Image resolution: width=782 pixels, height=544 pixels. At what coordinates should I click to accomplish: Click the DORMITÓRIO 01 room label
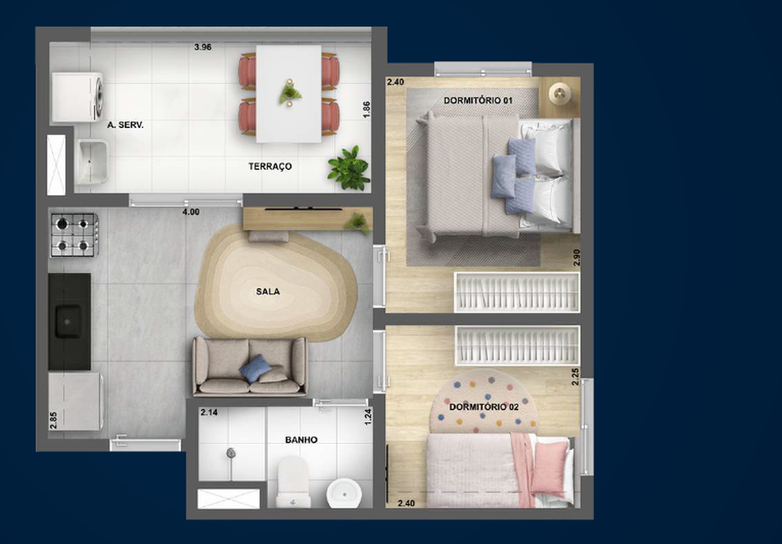[478, 100]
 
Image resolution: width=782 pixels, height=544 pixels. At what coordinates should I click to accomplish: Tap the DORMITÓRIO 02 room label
[484, 407]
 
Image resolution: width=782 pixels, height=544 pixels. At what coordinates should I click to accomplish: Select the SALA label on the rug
[268, 292]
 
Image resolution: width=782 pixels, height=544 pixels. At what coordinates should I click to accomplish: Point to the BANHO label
[301, 440]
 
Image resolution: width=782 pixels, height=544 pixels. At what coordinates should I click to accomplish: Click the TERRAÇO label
[270, 166]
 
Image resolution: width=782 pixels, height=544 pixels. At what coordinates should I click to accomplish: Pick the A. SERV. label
[125, 125]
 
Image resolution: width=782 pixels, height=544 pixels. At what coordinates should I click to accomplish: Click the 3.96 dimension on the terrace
[203, 47]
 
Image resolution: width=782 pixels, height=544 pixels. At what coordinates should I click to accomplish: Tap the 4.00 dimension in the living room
[191, 212]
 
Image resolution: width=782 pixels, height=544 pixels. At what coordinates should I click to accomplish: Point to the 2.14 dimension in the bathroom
[209, 412]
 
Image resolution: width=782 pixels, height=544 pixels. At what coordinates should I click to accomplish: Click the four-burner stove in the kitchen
[74, 235]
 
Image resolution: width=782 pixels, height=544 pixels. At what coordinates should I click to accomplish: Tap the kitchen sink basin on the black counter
[68, 321]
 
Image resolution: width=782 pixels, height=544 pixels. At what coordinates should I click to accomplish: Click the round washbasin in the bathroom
[344, 494]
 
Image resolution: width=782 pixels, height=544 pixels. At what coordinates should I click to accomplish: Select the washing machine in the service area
[77, 97]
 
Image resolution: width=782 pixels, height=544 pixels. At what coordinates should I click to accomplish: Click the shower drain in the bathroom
[231, 453]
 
